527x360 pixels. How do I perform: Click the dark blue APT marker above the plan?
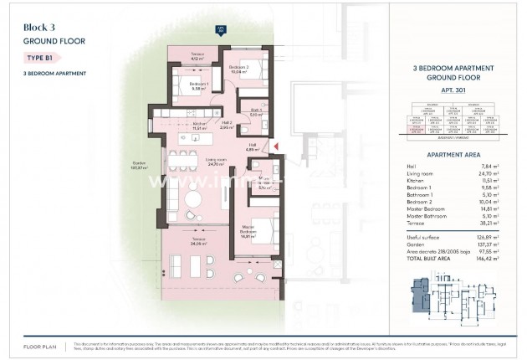(x=221, y=30)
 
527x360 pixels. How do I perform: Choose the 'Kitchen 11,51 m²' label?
(x=199, y=126)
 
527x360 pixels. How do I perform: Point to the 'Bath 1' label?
(x=257, y=112)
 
